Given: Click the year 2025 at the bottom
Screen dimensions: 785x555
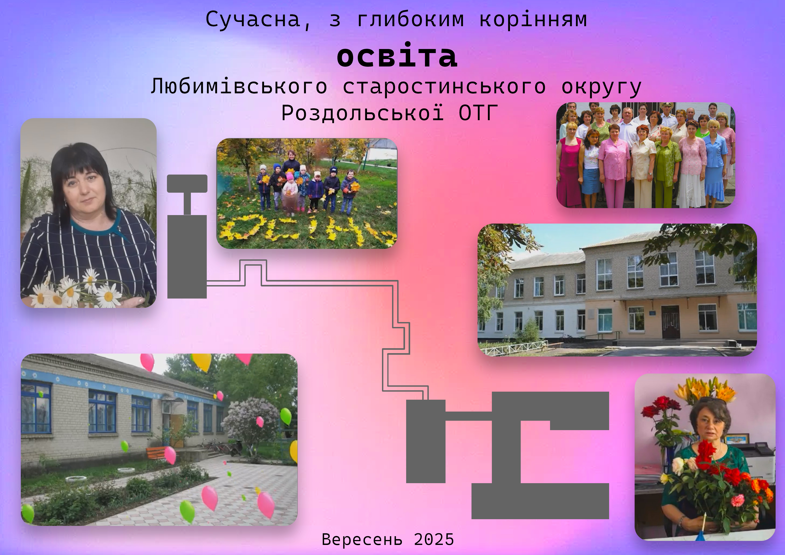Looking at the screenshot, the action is pyautogui.click(x=434, y=539).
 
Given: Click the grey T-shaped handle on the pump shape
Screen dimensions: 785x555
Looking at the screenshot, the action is pyautogui.click(x=187, y=192).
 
